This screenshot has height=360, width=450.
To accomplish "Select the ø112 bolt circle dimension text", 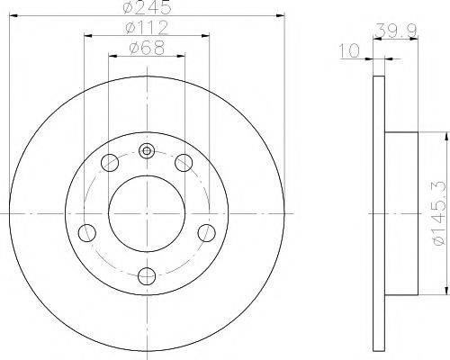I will [147, 28].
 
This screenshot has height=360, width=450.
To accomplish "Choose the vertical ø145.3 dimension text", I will [438, 213].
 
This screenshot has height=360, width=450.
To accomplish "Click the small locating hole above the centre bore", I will [147, 150].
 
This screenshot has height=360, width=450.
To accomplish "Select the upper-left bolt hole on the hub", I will [110, 163].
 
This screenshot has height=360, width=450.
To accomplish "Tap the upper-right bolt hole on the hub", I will [184, 163].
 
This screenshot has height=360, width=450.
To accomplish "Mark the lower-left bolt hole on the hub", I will [87, 233].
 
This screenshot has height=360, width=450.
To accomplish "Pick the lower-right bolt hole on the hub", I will [206, 233].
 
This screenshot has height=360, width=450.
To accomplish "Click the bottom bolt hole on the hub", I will [147, 276].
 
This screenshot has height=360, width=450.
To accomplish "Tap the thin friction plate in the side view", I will [378, 213].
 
